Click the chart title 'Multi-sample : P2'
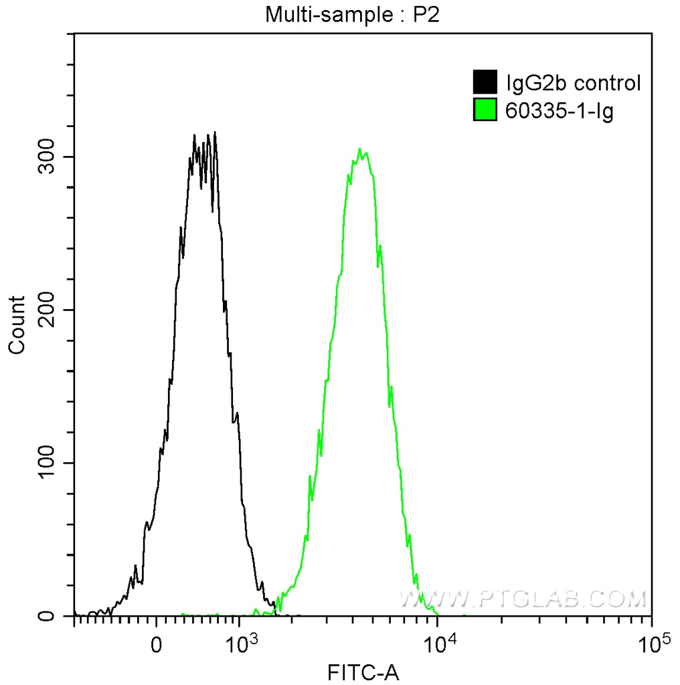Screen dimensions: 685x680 coord(351,15)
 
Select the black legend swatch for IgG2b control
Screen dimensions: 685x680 coord(485,83)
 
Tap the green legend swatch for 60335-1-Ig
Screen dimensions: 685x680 coord(485,110)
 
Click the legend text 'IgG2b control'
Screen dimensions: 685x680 coord(574,84)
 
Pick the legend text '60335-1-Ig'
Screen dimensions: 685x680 coord(560,110)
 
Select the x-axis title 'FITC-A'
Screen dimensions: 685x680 coord(363,672)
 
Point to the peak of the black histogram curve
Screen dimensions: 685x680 coord(214,132)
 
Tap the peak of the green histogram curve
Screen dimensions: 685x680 coord(360,149)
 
